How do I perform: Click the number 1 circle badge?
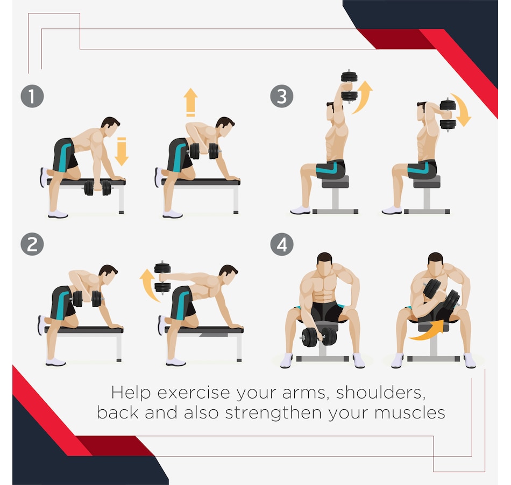click(x=32, y=96)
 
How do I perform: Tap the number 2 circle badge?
click(x=32, y=244)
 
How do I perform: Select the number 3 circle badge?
click(x=282, y=96)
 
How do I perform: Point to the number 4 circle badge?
click(x=282, y=244)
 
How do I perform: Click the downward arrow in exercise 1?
click(x=122, y=151)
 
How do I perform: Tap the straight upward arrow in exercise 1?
click(x=190, y=102)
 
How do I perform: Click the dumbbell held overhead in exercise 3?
click(x=349, y=86)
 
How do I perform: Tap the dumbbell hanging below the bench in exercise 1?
click(x=98, y=188)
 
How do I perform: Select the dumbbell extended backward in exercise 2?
click(x=162, y=277)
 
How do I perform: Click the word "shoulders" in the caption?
click(x=381, y=393)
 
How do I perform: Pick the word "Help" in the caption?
click(x=131, y=393)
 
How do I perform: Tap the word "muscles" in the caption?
click(x=409, y=412)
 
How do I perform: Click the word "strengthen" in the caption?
click(x=274, y=412)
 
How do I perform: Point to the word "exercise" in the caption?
click(x=194, y=393)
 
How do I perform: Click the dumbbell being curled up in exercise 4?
click(x=442, y=295)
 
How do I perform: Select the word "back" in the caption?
click(x=118, y=412)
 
